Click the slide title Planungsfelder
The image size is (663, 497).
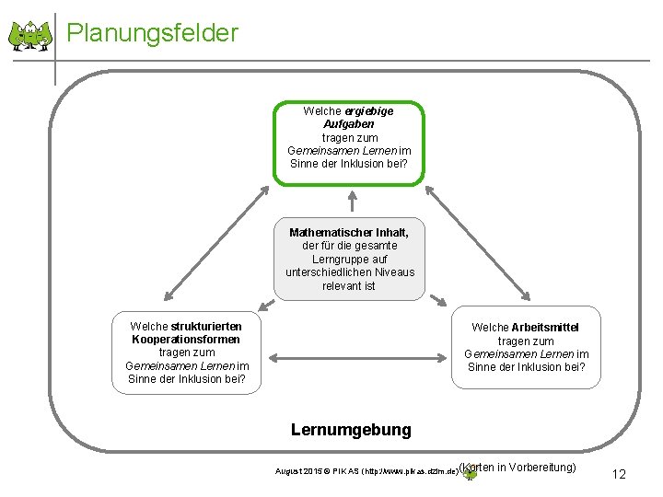coord(152,33)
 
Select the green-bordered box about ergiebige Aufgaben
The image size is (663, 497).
coord(349,144)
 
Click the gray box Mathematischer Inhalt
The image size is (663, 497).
coord(350,260)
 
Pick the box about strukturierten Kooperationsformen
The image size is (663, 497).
coord(185,353)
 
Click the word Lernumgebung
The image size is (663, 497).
coord(351,430)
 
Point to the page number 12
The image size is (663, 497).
coord(619,475)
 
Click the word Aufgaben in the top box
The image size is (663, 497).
coord(349,124)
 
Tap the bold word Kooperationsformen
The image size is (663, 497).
coord(185,340)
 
